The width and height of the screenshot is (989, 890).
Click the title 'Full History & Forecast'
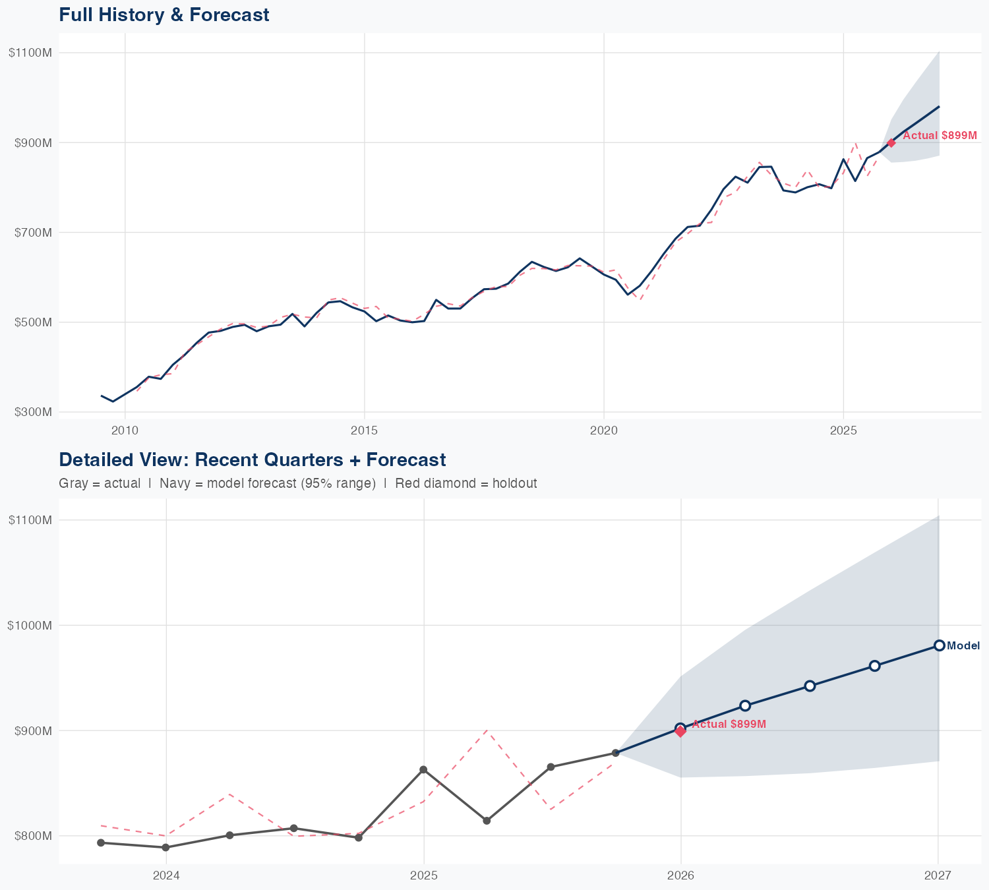[x=164, y=15]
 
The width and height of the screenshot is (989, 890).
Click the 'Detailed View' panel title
[x=253, y=460]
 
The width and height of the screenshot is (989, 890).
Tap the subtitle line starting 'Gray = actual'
[x=297, y=483]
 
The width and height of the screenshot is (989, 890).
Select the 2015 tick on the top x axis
[x=364, y=430]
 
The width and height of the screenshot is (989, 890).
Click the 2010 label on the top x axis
[x=125, y=430]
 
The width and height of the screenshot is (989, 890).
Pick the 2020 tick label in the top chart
[x=603, y=430]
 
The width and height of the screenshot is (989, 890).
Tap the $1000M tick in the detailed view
[x=30, y=625]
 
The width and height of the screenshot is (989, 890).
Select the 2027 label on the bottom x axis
[x=937, y=875]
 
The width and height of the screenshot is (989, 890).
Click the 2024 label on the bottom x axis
[x=166, y=875]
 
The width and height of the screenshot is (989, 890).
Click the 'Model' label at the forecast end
[x=963, y=646]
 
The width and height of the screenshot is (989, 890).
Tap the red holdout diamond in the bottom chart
[x=680, y=730]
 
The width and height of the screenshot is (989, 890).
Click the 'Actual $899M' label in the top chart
[x=940, y=135]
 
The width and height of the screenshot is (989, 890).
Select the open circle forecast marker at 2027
[x=939, y=645]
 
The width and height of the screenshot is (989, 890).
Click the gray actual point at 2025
[x=423, y=770]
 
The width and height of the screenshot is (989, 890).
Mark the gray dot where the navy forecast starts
[x=616, y=753]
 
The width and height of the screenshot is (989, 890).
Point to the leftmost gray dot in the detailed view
[x=101, y=843]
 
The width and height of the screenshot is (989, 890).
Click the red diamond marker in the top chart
[x=891, y=143]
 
